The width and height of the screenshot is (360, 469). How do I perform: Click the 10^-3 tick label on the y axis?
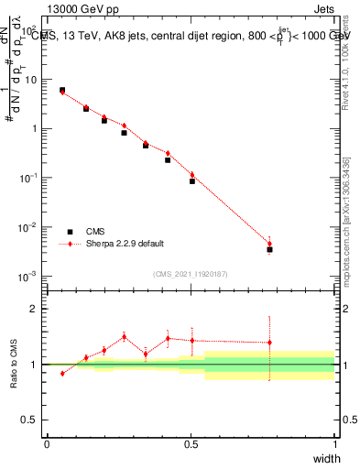click(x=27, y=276)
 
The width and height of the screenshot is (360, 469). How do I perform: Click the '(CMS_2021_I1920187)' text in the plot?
click(x=191, y=272)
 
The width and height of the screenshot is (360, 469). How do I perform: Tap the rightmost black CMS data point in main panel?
click(x=269, y=249)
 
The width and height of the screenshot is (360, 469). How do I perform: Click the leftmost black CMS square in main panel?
click(x=62, y=90)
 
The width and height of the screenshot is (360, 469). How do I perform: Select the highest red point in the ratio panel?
click(x=125, y=336)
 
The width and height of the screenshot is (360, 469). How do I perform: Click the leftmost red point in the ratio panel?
click(x=62, y=373)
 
